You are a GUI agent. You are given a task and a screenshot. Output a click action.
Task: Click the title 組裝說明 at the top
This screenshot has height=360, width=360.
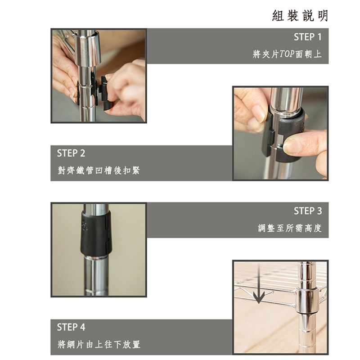point(300,16)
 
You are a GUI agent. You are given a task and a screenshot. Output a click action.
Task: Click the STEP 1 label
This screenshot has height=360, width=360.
point(308,37)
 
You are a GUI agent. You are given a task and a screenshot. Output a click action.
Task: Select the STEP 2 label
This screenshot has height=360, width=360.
point(71,153)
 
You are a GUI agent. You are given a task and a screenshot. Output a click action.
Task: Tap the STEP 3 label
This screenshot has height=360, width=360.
point(308,211)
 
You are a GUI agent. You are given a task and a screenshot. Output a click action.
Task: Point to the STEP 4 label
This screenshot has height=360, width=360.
point(71,327)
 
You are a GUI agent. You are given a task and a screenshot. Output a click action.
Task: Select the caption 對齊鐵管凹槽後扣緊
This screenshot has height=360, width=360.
point(99,171)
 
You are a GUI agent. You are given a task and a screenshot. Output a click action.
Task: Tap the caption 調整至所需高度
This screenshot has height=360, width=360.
point(289,228)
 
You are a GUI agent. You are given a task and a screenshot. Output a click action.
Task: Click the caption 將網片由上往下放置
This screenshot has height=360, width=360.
point(99,344)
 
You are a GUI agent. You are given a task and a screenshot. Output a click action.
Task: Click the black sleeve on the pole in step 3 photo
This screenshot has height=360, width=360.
point(96,234)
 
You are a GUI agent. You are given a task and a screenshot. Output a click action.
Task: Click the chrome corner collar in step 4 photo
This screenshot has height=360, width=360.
point(307,301)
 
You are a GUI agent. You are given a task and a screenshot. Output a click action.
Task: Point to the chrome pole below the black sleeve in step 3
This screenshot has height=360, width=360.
point(96,276)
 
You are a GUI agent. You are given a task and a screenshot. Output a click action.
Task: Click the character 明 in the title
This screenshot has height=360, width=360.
point(323,16)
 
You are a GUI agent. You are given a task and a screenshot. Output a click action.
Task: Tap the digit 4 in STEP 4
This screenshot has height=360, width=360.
point(82,327)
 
